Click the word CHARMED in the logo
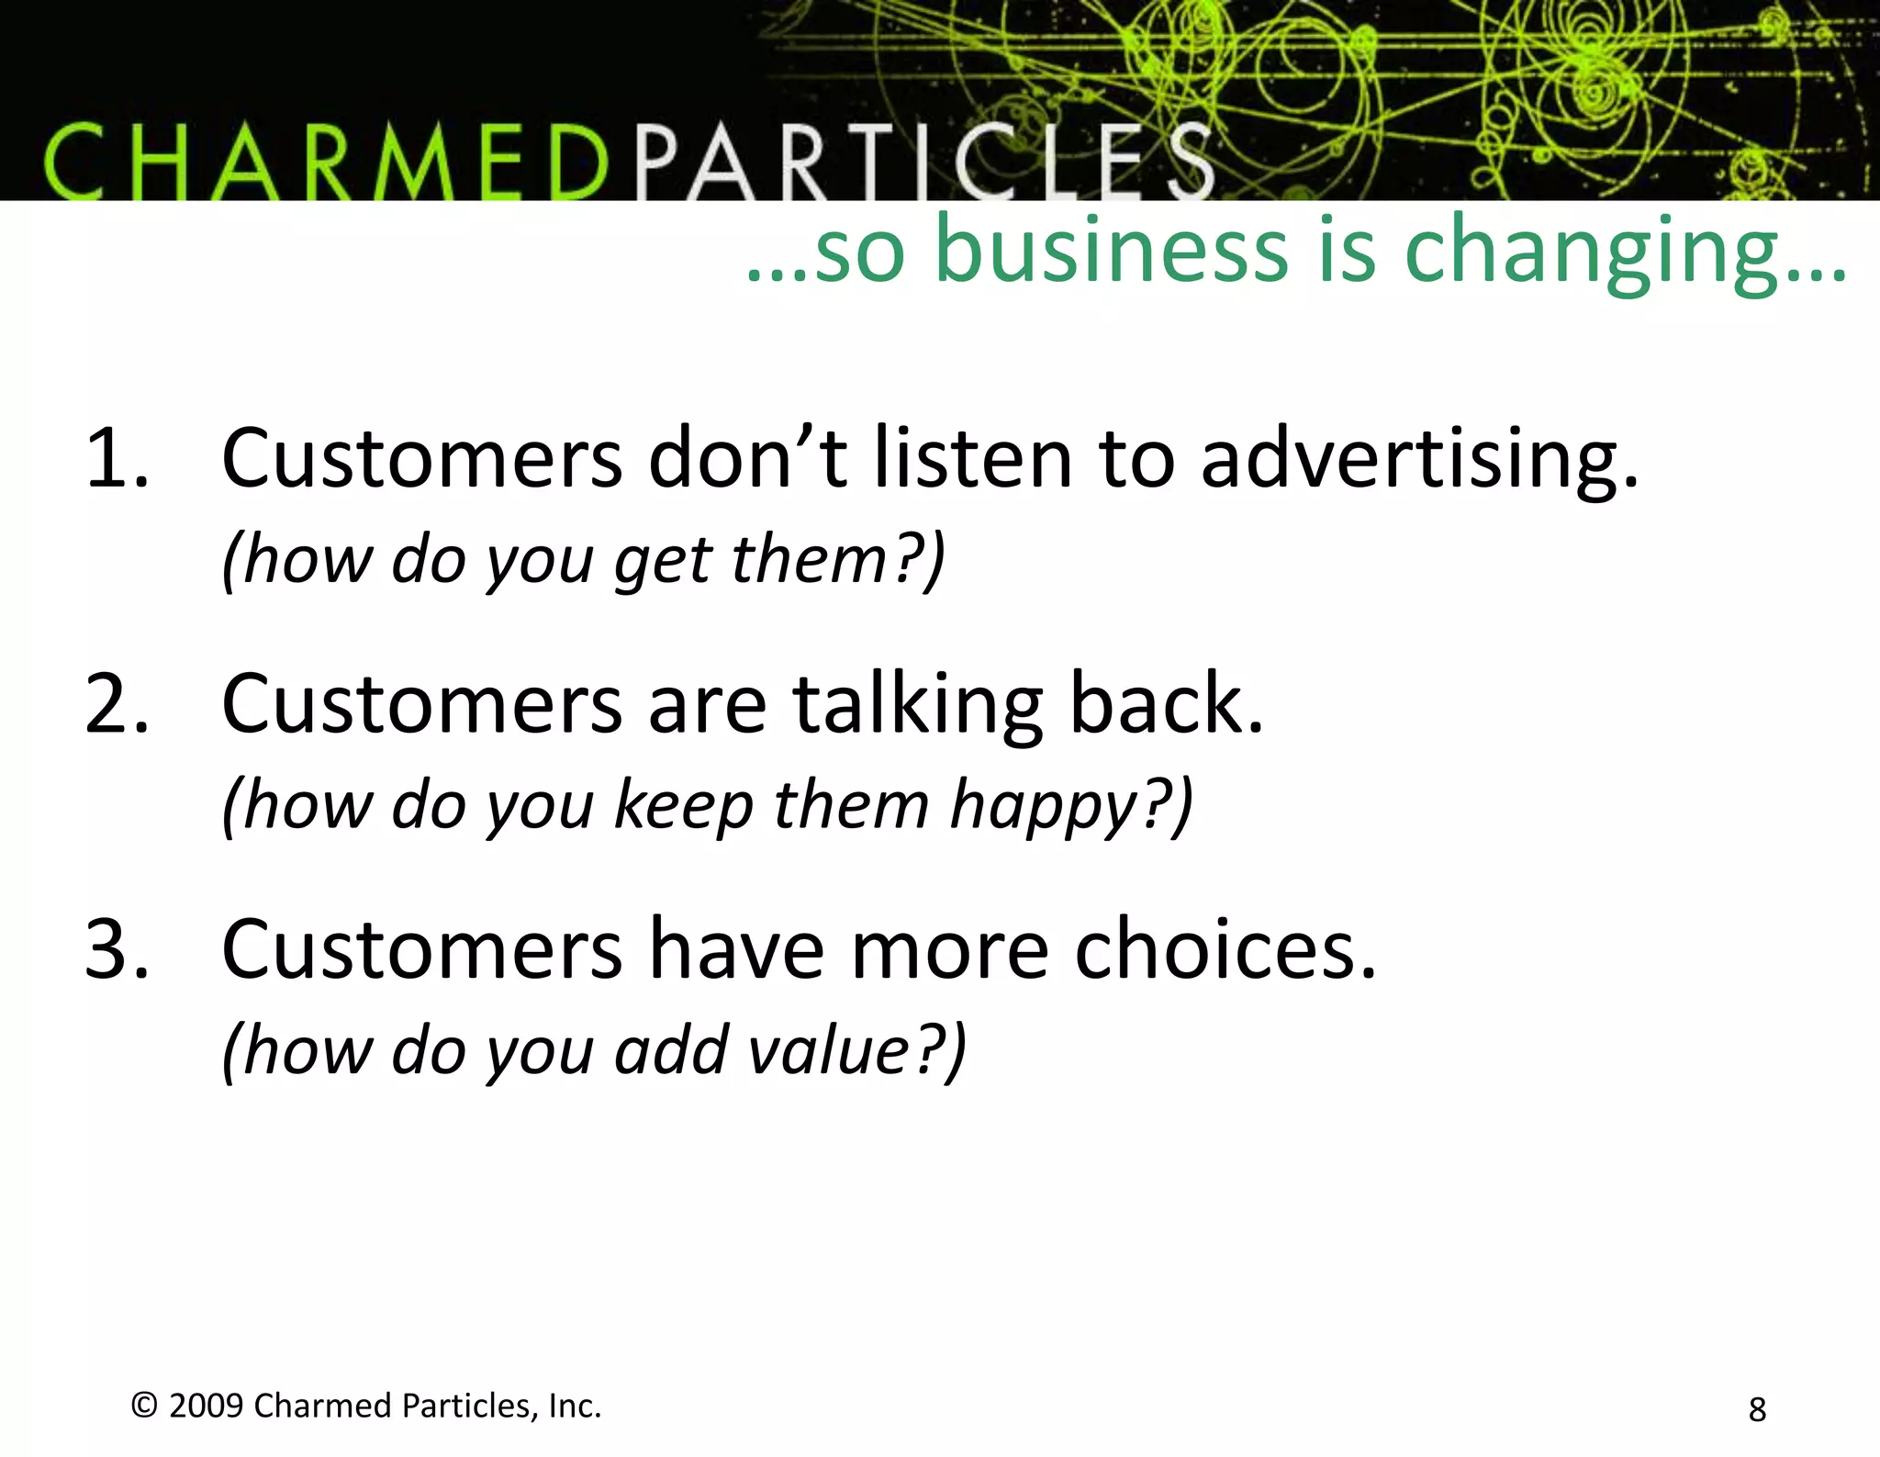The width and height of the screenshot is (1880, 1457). pos(326,163)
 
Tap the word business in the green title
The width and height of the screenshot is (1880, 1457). pos(1111,251)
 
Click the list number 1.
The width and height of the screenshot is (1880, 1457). pos(116,458)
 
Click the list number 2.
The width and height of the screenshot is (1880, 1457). pos(116,704)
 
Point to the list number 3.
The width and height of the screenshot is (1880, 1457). pos(116,949)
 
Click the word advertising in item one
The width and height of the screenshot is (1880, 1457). pos(1418,458)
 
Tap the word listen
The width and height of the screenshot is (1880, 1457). pos(973,458)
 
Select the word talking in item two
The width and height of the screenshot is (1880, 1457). pos(918,704)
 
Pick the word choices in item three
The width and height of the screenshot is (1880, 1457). pos(1225,949)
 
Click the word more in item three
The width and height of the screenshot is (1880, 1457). pos(949,949)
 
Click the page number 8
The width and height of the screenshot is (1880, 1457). pos(1757,1409)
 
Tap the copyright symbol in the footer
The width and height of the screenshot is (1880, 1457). pos(144,1406)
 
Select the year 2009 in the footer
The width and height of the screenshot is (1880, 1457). pos(207,1406)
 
